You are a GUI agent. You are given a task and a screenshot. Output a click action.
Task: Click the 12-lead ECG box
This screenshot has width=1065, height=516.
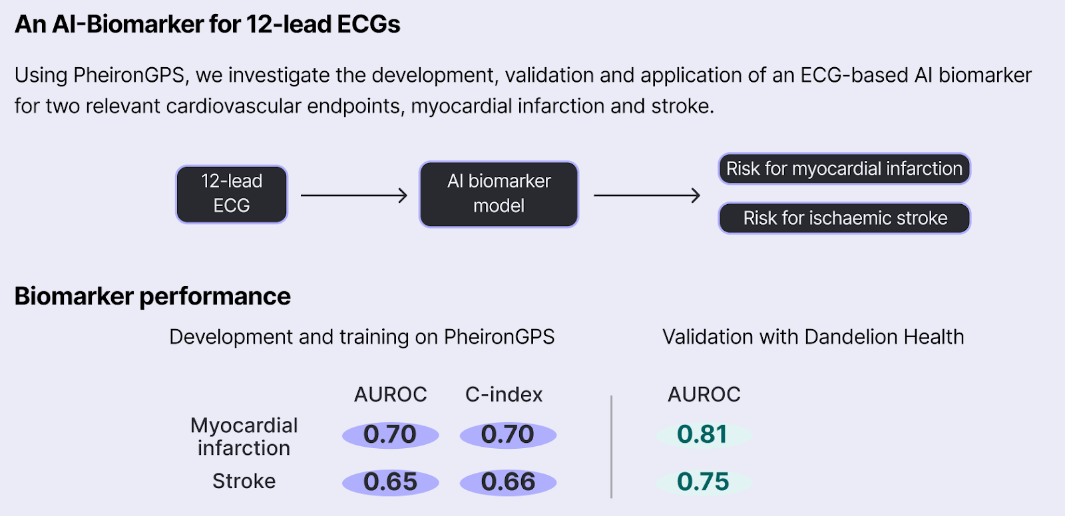click(232, 193)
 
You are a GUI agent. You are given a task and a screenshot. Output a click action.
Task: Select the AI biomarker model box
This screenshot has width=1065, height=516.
click(499, 193)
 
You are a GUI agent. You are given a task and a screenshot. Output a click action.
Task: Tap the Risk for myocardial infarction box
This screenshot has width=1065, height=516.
click(844, 168)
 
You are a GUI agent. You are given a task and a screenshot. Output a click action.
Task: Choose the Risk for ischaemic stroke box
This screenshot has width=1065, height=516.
click(845, 218)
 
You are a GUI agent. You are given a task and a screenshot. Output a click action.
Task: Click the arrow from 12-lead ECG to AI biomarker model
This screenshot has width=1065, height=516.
click(353, 195)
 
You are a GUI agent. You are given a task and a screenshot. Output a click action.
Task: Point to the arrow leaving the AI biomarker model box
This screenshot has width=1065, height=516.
click(646, 195)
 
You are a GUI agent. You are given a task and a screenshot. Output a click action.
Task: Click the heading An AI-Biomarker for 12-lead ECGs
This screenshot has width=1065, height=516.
click(208, 25)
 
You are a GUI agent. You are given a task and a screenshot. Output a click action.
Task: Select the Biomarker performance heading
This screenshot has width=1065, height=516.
click(152, 296)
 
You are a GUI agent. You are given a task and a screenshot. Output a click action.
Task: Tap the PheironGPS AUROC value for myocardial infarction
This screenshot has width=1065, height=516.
click(390, 435)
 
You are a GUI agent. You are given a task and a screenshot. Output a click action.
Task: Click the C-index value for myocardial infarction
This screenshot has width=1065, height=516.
click(508, 435)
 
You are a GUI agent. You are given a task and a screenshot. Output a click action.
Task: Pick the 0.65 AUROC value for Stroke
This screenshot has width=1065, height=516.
click(390, 482)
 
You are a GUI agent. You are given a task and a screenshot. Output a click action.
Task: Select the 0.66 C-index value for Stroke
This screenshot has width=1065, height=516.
click(508, 482)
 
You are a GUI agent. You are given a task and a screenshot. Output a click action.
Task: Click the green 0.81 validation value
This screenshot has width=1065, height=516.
click(703, 435)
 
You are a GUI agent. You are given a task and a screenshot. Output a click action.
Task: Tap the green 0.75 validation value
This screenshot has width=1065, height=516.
click(703, 482)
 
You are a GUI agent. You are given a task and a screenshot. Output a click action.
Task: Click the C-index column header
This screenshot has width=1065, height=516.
click(504, 394)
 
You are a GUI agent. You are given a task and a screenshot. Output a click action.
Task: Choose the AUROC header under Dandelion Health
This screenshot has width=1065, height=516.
click(704, 394)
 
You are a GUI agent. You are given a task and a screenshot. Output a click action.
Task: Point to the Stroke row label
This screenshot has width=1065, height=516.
click(244, 481)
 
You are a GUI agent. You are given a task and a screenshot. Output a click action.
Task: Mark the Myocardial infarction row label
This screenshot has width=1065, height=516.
click(244, 436)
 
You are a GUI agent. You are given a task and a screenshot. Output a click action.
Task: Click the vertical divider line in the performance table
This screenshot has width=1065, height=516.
click(611, 446)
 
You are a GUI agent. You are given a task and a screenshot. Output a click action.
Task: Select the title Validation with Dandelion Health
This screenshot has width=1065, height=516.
click(813, 337)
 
